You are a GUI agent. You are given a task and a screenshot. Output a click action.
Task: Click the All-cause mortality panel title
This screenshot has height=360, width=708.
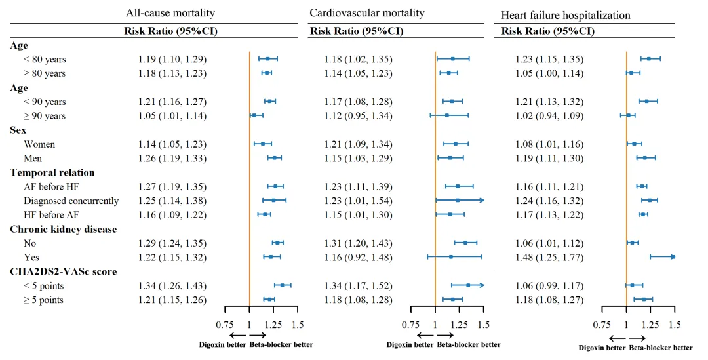click(x=170, y=13)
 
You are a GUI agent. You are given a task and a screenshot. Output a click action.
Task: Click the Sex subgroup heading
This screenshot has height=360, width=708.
click(x=19, y=130)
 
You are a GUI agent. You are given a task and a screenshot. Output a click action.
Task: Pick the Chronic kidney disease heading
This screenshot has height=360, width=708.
click(x=64, y=229)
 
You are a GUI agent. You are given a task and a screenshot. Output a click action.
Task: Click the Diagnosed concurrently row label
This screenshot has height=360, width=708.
click(x=71, y=201)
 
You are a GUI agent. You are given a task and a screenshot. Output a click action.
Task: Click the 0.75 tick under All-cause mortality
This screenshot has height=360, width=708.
click(x=225, y=325)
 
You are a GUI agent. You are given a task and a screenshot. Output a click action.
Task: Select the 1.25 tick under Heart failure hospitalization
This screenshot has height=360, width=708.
click(x=650, y=325)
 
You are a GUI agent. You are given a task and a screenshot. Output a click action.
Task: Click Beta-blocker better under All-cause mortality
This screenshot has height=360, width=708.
click(x=281, y=345)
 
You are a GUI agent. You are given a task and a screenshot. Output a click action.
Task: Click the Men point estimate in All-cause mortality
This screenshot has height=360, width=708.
click(x=274, y=158)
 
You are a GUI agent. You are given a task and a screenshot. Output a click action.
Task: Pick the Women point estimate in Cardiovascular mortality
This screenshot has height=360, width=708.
click(x=455, y=144)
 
